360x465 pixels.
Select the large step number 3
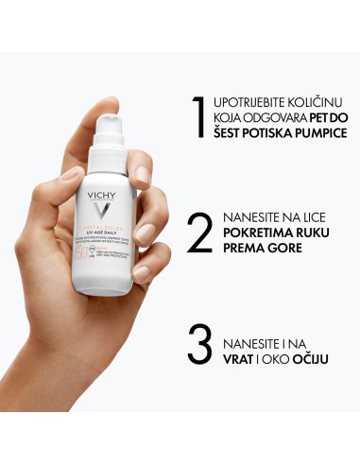[x=198, y=346]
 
